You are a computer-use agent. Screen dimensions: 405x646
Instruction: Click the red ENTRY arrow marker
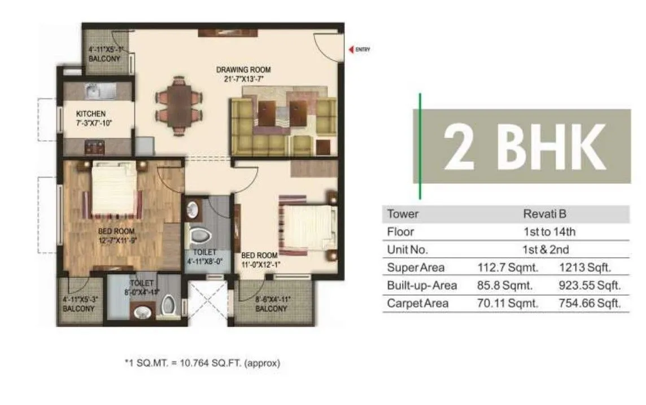[x=351, y=50]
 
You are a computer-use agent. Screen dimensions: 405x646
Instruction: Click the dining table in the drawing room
[x=178, y=106]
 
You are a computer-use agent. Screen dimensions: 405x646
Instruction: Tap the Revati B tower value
[x=544, y=214]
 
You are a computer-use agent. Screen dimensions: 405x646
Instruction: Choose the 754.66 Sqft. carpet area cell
[x=590, y=303]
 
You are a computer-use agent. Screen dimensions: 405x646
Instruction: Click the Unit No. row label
[x=408, y=249]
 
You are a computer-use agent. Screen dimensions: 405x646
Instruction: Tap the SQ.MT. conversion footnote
[x=202, y=363]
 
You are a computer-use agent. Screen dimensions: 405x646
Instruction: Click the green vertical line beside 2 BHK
[x=420, y=146]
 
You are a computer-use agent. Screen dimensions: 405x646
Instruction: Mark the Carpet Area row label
[x=418, y=303]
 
